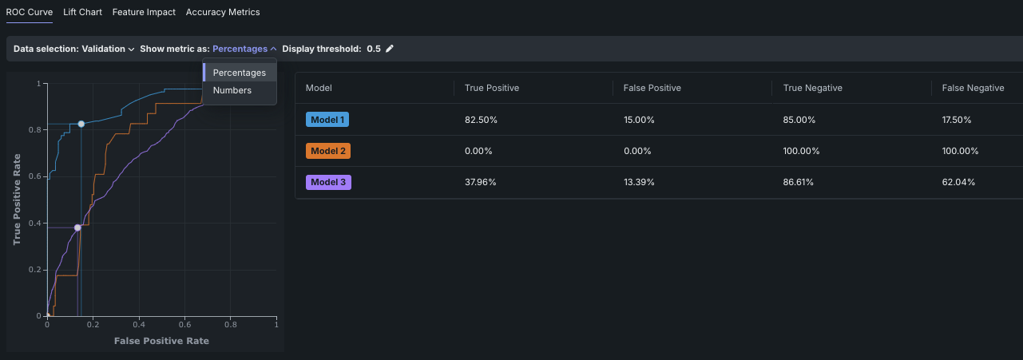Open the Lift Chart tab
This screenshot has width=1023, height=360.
click(x=83, y=13)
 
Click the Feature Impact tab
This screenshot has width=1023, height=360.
click(x=144, y=13)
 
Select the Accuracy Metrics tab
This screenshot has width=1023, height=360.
click(x=223, y=13)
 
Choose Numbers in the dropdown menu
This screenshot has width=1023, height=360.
click(x=232, y=90)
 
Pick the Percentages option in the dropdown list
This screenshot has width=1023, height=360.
click(x=240, y=73)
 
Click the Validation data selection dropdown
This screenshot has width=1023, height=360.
click(x=108, y=49)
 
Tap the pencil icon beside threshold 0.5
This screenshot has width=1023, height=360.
click(x=390, y=49)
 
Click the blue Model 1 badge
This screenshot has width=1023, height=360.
click(x=327, y=120)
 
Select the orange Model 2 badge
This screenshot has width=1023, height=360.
click(x=327, y=151)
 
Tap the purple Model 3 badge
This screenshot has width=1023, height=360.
click(x=328, y=182)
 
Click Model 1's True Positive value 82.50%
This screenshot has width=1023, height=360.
click(x=482, y=120)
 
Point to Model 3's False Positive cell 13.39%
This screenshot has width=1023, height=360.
click(x=639, y=182)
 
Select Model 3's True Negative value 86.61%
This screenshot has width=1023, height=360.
click(x=799, y=182)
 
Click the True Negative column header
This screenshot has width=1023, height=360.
click(x=813, y=88)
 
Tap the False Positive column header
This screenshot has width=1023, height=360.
click(x=652, y=88)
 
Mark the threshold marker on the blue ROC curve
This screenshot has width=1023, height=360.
click(x=81, y=124)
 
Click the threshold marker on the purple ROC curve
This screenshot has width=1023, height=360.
click(x=77, y=227)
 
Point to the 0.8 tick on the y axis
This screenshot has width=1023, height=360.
click(x=37, y=129)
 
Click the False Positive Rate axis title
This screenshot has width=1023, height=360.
click(x=161, y=341)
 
